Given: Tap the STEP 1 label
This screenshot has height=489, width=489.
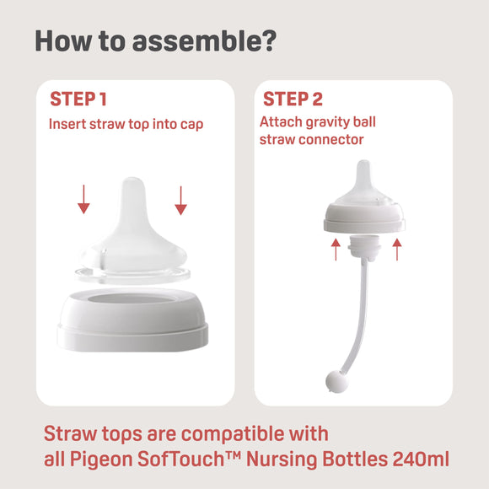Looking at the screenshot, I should pos(78,99).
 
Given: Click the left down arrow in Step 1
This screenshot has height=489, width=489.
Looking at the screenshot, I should pos(83,198).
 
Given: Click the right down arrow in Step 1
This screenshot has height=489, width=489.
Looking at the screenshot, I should pos(180,198).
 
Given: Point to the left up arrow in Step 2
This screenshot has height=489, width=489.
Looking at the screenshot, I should pos(336,248).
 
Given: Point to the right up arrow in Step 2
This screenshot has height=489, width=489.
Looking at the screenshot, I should pos(397,248).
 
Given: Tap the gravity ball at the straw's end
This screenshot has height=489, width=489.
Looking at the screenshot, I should pos(334,382).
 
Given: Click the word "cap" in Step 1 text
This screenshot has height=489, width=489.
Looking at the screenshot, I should pos(191,124).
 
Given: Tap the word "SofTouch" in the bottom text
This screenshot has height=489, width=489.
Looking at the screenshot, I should pos(175,459).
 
